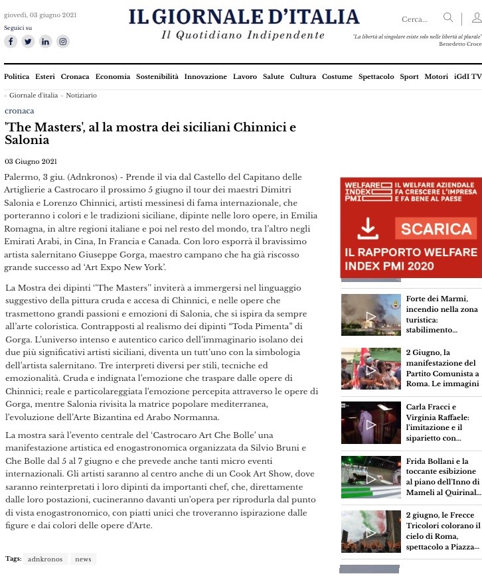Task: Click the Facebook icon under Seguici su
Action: coord(11,41)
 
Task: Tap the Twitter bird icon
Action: coord(28,41)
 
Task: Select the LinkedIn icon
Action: coord(45,41)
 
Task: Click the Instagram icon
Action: coord(62,41)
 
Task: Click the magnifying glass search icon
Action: coord(449,18)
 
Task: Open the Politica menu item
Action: coord(17,77)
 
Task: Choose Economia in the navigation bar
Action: coord(112,77)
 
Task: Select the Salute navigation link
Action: coord(273,77)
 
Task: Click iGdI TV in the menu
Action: coord(467,77)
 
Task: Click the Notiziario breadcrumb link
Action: coord(81,96)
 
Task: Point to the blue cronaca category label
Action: coord(19,111)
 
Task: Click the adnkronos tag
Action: coord(45,559)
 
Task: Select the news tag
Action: coord(83,559)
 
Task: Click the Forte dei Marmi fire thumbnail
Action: coord(370,315)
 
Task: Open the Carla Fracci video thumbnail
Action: coord(370,423)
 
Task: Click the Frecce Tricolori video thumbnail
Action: coord(370,531)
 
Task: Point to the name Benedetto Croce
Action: coord(460,44)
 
